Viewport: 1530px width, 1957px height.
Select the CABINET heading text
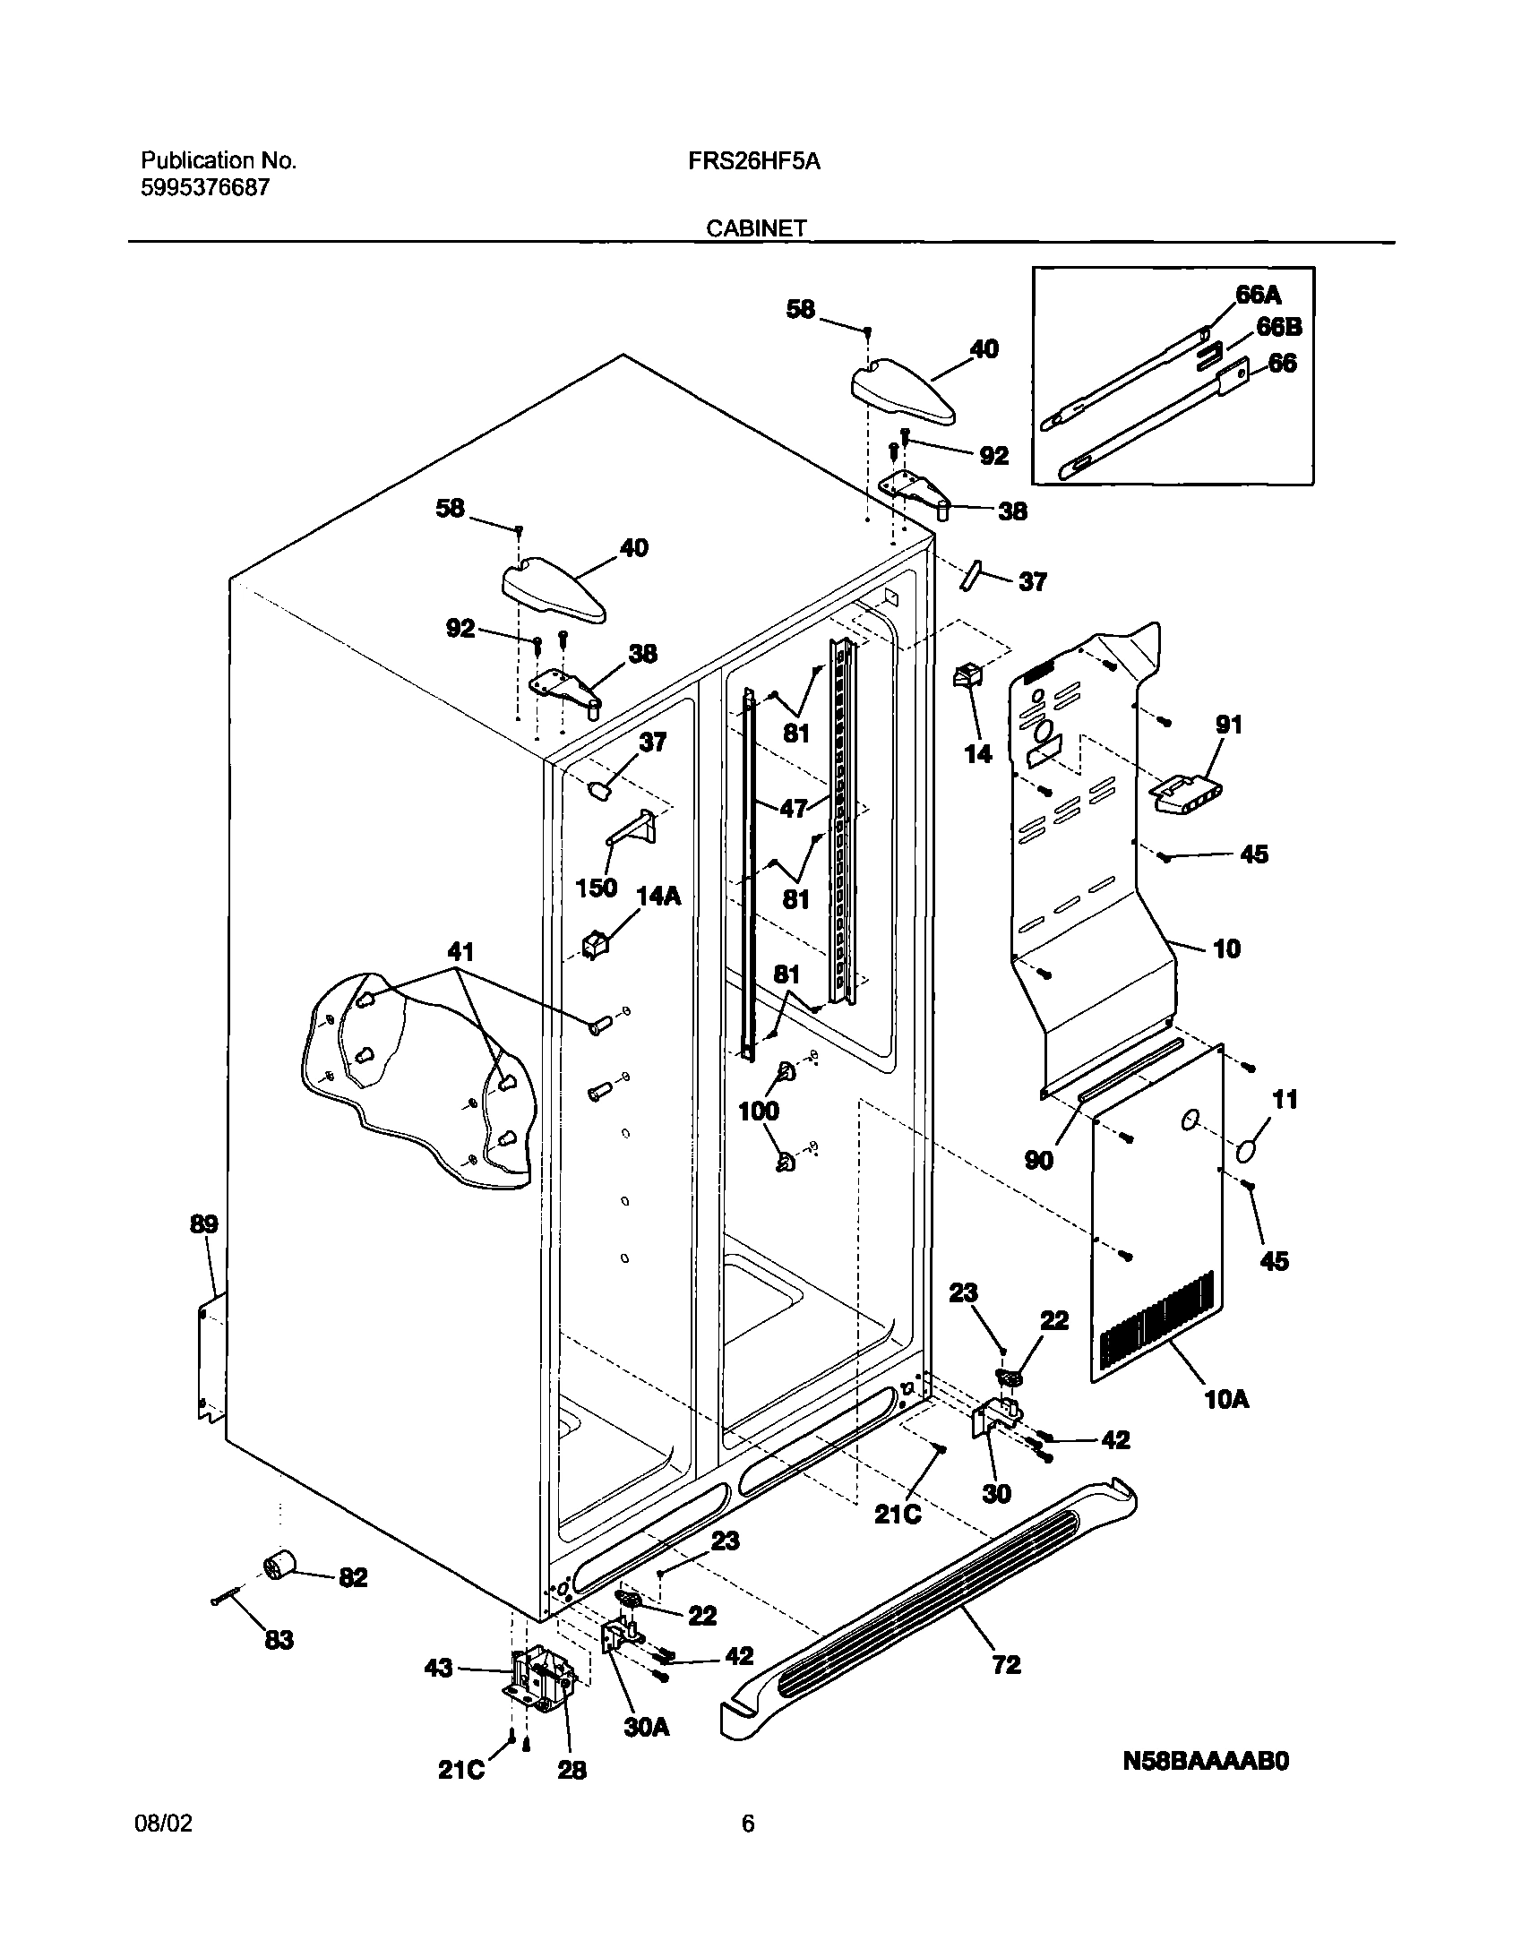(x=756, y=229)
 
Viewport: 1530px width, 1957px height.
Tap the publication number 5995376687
(x=204, y=187)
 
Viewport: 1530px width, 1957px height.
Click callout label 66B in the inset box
(x=1278, y=327)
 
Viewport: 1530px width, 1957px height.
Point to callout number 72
(x=1007, y=1664)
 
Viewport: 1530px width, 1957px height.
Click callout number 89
(x=203, y=1224)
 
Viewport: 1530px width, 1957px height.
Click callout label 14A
(x=658, y=895)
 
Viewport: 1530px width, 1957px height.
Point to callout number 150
(x=596, y=887)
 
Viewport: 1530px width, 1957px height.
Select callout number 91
(x=1229, y=724)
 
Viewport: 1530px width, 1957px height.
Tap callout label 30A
(x=646, y=1727)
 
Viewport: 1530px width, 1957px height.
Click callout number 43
(x=437, y=1669)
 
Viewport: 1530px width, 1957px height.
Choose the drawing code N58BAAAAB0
(x=1206, y=1762)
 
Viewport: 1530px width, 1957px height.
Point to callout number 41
(x=460, y=950)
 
